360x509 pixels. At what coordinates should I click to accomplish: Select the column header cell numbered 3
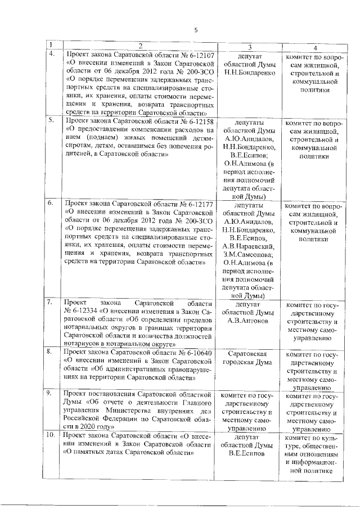[x=249, y=46]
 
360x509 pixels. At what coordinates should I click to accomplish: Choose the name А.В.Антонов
[x=249, y=320]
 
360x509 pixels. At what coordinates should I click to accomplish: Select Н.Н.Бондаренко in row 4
[x=249, y=73]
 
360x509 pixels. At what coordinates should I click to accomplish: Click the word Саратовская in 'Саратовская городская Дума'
[x=249, y=353]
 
